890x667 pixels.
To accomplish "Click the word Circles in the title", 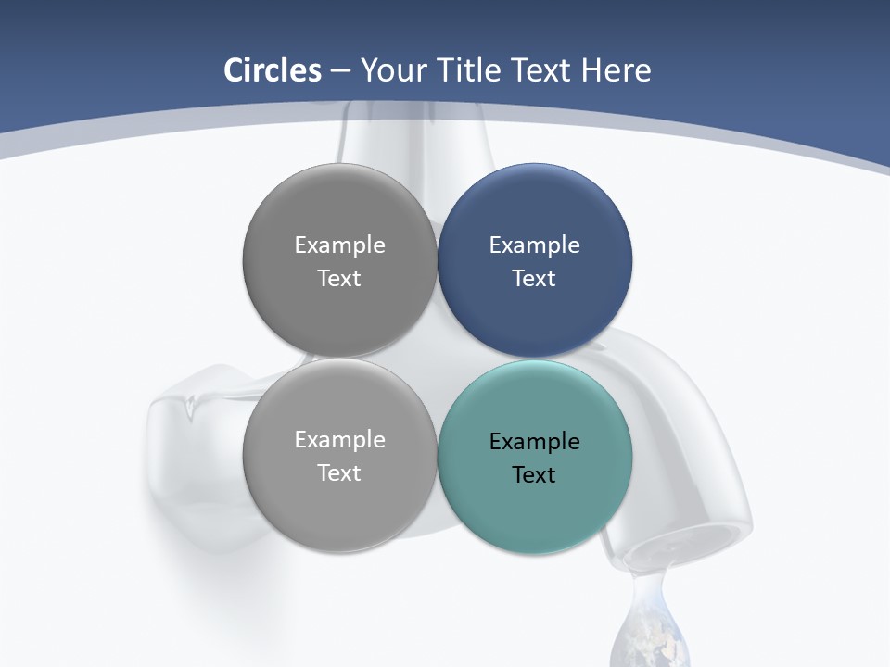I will coord(272,70).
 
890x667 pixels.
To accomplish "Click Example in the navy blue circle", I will coord(535,245).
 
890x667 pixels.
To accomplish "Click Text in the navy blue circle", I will coord(535,278).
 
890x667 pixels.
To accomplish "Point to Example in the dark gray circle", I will coord(339,245).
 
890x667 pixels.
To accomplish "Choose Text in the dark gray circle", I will coord(339,278).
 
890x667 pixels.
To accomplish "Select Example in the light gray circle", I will coord(339,440).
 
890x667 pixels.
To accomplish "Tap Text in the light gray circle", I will coord(339,472).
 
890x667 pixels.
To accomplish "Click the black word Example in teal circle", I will coord(535,442).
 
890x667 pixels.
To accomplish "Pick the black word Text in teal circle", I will coord(535,474).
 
